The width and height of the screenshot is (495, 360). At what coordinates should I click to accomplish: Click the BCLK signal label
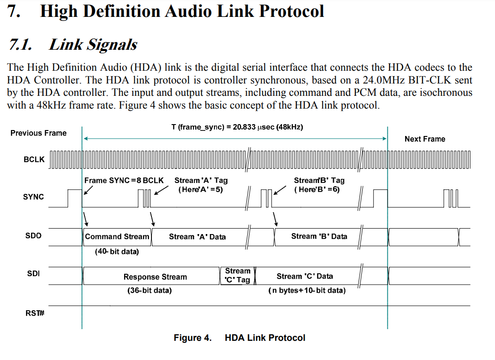[x=34, y=160]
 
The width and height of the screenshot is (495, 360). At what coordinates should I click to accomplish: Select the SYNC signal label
[x=33, y=197]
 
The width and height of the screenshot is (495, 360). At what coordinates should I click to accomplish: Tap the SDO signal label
[x=33, y=235]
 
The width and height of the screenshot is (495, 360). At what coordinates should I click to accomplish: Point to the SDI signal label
[x=33, y=273]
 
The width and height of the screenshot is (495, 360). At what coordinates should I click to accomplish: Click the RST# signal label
[x=35, y=313]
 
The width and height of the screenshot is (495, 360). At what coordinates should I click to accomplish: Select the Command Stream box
[x=117, y=237]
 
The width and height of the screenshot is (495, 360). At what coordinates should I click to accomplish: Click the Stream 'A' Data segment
[x=198, y=237]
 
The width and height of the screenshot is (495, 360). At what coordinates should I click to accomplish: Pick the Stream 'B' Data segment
[x=319, y=236]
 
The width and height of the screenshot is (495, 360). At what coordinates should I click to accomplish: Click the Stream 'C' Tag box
[x=237, y=276]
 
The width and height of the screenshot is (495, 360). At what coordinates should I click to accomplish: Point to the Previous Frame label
[x=38, y=133]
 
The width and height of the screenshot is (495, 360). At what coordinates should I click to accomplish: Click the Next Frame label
[x=425, y=139]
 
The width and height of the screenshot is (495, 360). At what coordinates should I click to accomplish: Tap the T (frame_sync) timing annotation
[x=237, y=127]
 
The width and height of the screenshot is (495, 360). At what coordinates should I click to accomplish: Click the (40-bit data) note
[x=117, y=252]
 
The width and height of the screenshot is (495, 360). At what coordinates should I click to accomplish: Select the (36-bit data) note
[x=149, y=290]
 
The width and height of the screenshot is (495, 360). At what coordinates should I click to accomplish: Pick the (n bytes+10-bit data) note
[x=307, y=290]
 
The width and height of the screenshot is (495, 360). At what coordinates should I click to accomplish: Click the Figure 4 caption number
[x=193, y=338]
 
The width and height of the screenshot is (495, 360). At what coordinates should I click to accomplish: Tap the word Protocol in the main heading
[x=292, y=11]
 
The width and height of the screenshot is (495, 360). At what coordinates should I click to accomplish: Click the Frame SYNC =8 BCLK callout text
[x=124, y=180]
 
